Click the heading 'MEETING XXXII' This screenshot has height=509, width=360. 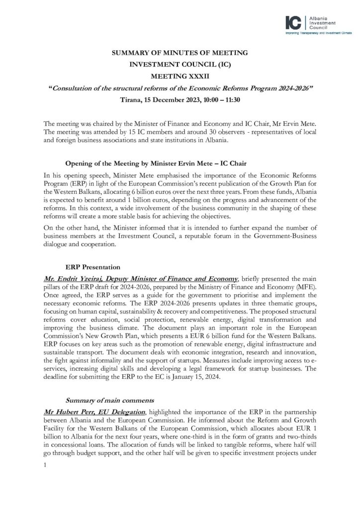pos(180,77)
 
